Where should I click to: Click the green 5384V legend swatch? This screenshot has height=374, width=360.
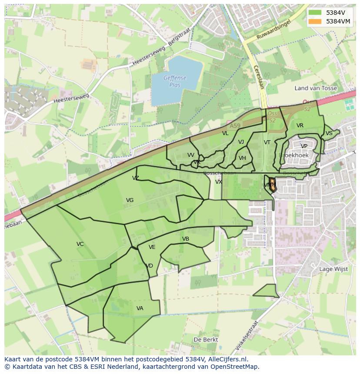click(x=315, y=13)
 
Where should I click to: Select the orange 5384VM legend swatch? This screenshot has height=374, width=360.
click(x=315, y=21)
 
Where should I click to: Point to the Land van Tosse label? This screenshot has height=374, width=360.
click(x=316, y=88)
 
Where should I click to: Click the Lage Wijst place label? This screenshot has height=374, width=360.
click(x=333, y=269)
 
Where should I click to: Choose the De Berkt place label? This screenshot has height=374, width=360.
click(x=206, y=340)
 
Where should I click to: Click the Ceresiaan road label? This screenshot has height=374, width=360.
click(x=259, y=77)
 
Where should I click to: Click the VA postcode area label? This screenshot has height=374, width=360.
click(x=140, y=308)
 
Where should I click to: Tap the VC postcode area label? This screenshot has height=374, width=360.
click(x=80, y=244)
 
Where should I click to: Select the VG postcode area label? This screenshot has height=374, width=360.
click(x=130, y=200)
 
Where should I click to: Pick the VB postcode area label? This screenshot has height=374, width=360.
click(x=186, y=239)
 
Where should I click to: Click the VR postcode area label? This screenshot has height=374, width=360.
click(x=300, y=126)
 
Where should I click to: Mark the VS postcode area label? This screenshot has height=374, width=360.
click(x=329, y=133)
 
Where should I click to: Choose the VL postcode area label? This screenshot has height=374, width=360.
click(x=225, y=133)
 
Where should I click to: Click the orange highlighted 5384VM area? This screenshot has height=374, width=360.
click(x=272, y=184)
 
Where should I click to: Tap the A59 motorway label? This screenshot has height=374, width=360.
click(x=235, y=126)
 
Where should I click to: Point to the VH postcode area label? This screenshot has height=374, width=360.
click(x=242, y=158)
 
